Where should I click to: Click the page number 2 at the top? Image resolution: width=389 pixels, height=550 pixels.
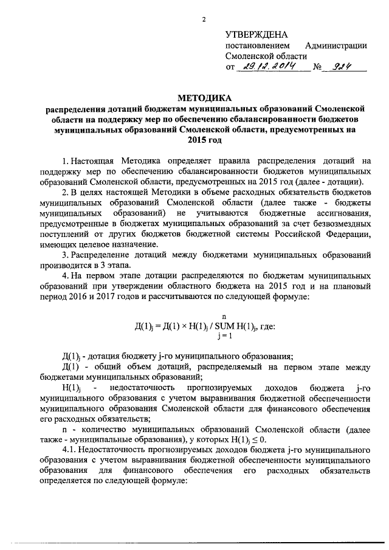(205, 20)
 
